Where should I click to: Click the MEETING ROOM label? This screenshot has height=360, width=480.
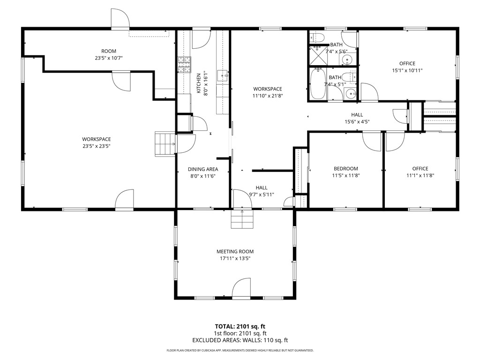click(x=235, y=252)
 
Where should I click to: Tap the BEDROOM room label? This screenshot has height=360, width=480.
click(x=345, y=169)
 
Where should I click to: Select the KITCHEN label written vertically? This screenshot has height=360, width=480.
click(x=199, y=83)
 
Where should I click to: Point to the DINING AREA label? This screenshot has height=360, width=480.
click(x=203, y=169)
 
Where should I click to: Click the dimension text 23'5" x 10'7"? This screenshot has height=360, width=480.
click(x=109, y=58)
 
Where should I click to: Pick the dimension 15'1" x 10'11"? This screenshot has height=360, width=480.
click(x=407, y=70)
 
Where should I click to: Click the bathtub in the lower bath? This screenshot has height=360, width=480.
click(x=318, y=83)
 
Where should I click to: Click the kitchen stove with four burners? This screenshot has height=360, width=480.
click(x=184, y=65)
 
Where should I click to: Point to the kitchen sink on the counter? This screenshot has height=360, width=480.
click(x=223, y=75)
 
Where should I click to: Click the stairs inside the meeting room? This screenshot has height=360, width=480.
click(x=242, y=219)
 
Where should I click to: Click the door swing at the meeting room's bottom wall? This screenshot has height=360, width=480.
click(x=241, y=288)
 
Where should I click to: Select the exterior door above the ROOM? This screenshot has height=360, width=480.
click(x=120, y=18)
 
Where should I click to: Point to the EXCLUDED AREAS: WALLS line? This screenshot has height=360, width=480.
click(x=240, y=340)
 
